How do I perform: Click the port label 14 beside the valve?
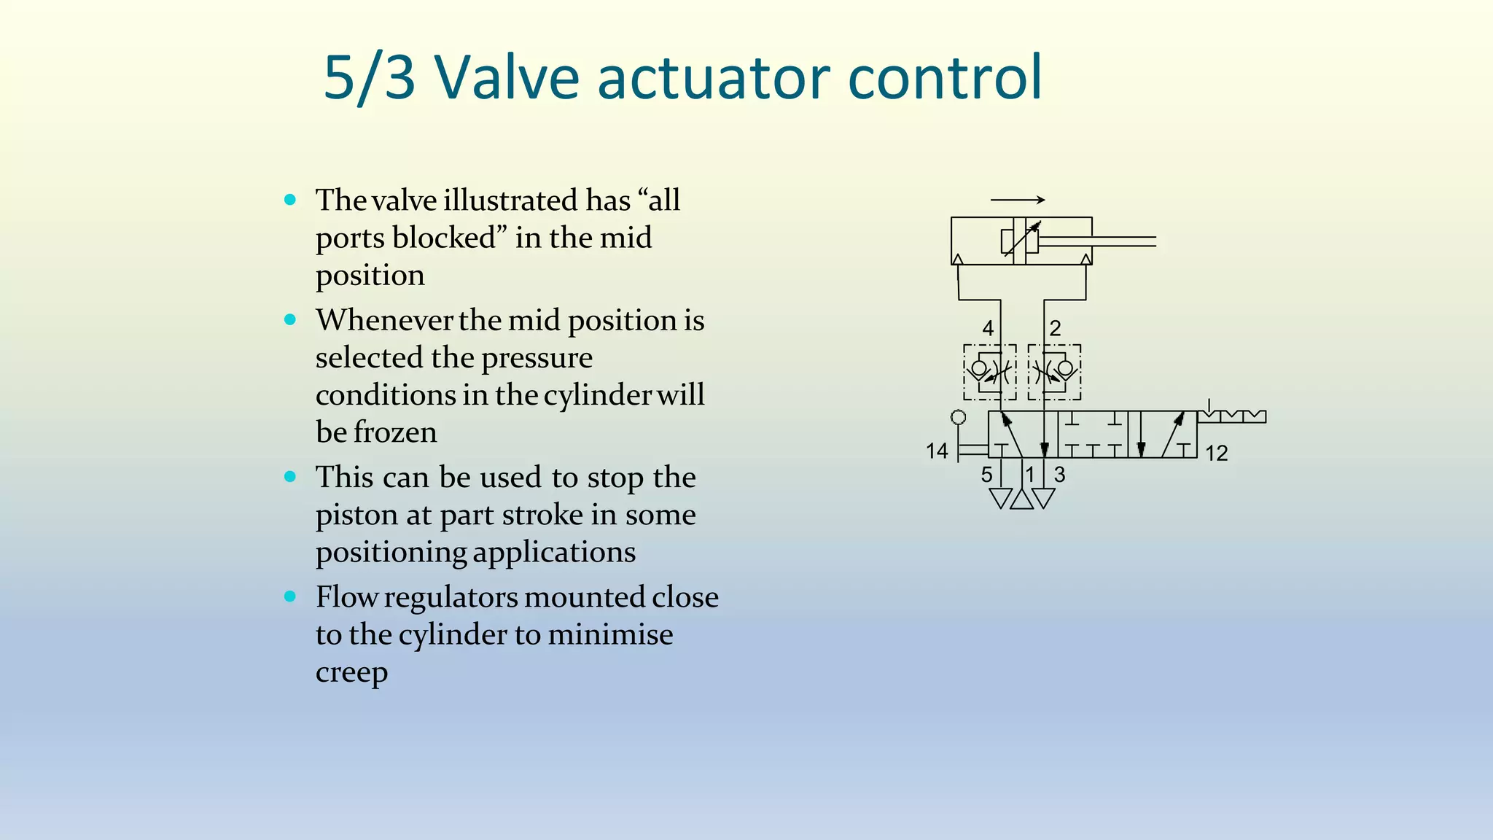coord(937,451)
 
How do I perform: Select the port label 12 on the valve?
coord(1216,454)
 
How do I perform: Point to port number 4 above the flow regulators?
coord(988,328)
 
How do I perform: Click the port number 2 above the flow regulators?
coord(1055,328)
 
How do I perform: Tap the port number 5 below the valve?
coord(986,475)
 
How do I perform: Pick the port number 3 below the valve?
coord(1059,475)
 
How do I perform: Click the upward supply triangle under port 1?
coord(1022,499)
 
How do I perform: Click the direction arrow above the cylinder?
coord(1018,200)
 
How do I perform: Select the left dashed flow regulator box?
coord(990,372)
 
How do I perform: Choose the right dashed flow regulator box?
coord(1054,372)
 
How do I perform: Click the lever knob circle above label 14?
coord(959,417)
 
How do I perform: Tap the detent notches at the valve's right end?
coord(1232,416)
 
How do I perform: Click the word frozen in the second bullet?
coord(395,432)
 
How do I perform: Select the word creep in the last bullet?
coord(351,672)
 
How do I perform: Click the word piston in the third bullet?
coord(354,516)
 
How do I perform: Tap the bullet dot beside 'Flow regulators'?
coord(290,596)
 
